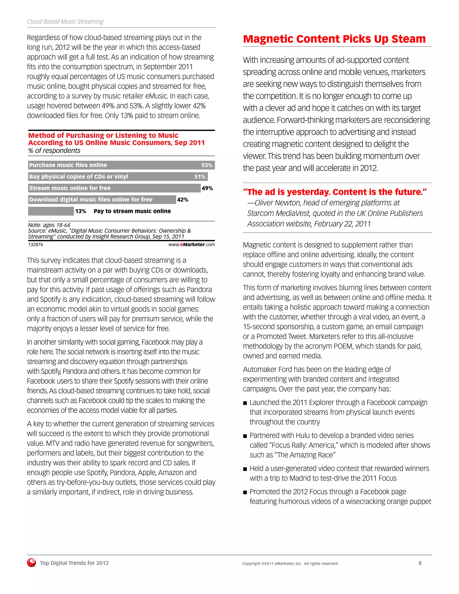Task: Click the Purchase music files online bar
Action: (121, 165)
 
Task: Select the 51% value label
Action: (200, 177)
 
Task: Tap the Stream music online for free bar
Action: (114, 188)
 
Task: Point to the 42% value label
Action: (182, 200)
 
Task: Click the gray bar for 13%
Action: (51, 211)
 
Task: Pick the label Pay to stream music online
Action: (132, 211)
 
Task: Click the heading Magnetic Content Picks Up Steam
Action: (334, 39)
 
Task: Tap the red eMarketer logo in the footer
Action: (32, 563)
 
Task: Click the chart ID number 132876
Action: (36, 245)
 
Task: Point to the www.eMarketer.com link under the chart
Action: (191, 245)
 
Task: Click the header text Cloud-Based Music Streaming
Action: (65, 22)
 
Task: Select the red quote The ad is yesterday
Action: (335, 192)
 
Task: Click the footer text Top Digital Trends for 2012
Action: (74, 563)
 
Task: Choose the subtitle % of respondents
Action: (54, 151)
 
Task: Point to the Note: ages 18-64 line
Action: (49, 225)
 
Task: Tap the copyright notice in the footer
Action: (290, 564)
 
